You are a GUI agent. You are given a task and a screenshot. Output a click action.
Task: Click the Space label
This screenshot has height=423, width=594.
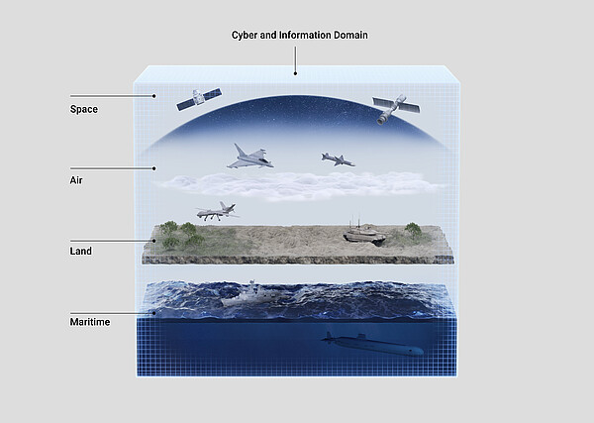pos(84,109)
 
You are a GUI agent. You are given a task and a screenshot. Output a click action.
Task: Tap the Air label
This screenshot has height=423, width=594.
pos(76,180)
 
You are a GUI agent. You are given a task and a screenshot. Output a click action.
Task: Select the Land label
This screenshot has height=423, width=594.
pos(81,251)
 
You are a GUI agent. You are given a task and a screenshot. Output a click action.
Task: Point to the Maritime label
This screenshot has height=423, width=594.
pos(90,322)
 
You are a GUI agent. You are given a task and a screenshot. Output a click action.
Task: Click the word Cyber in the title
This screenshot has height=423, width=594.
pos(245,36)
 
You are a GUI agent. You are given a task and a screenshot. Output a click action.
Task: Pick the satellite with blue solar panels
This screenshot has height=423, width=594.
pos(199,99)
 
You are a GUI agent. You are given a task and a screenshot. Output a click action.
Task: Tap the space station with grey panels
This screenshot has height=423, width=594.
pos(396,109)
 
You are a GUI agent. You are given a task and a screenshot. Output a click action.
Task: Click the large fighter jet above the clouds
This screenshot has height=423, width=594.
pos(250,157)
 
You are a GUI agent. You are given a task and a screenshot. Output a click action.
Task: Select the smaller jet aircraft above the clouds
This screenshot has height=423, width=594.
pos(338,159)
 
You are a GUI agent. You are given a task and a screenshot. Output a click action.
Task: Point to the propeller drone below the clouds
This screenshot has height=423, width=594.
pos(217,212)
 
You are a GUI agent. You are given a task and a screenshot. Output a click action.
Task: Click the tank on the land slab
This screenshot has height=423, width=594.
pos(364,233)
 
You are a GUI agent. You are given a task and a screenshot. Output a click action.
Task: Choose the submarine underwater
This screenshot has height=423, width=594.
pos(372,344)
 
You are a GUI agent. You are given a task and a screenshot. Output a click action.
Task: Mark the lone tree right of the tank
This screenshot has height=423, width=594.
pos(413,230)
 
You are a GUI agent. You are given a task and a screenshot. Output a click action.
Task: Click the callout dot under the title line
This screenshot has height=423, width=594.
pos(295,73)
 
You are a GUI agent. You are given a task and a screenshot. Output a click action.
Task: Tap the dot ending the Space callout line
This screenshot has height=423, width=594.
pos(154,96)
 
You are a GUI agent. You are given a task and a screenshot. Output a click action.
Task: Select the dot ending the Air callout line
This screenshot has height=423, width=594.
pos(154,168)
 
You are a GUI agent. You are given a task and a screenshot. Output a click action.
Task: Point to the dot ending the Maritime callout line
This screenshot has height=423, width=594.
pos(154,313)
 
